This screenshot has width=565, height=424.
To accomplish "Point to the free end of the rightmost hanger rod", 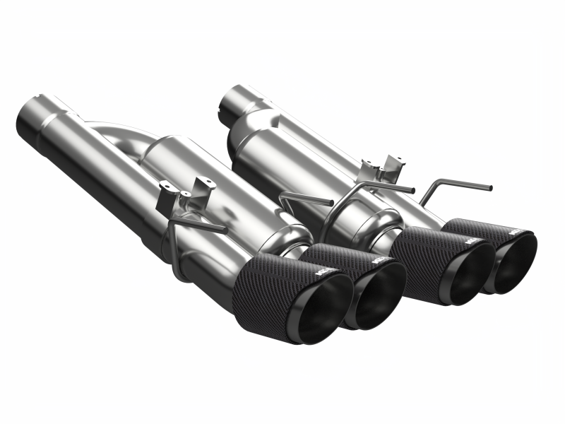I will [489, 188].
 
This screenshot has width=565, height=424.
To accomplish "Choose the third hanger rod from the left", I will [381, 187].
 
